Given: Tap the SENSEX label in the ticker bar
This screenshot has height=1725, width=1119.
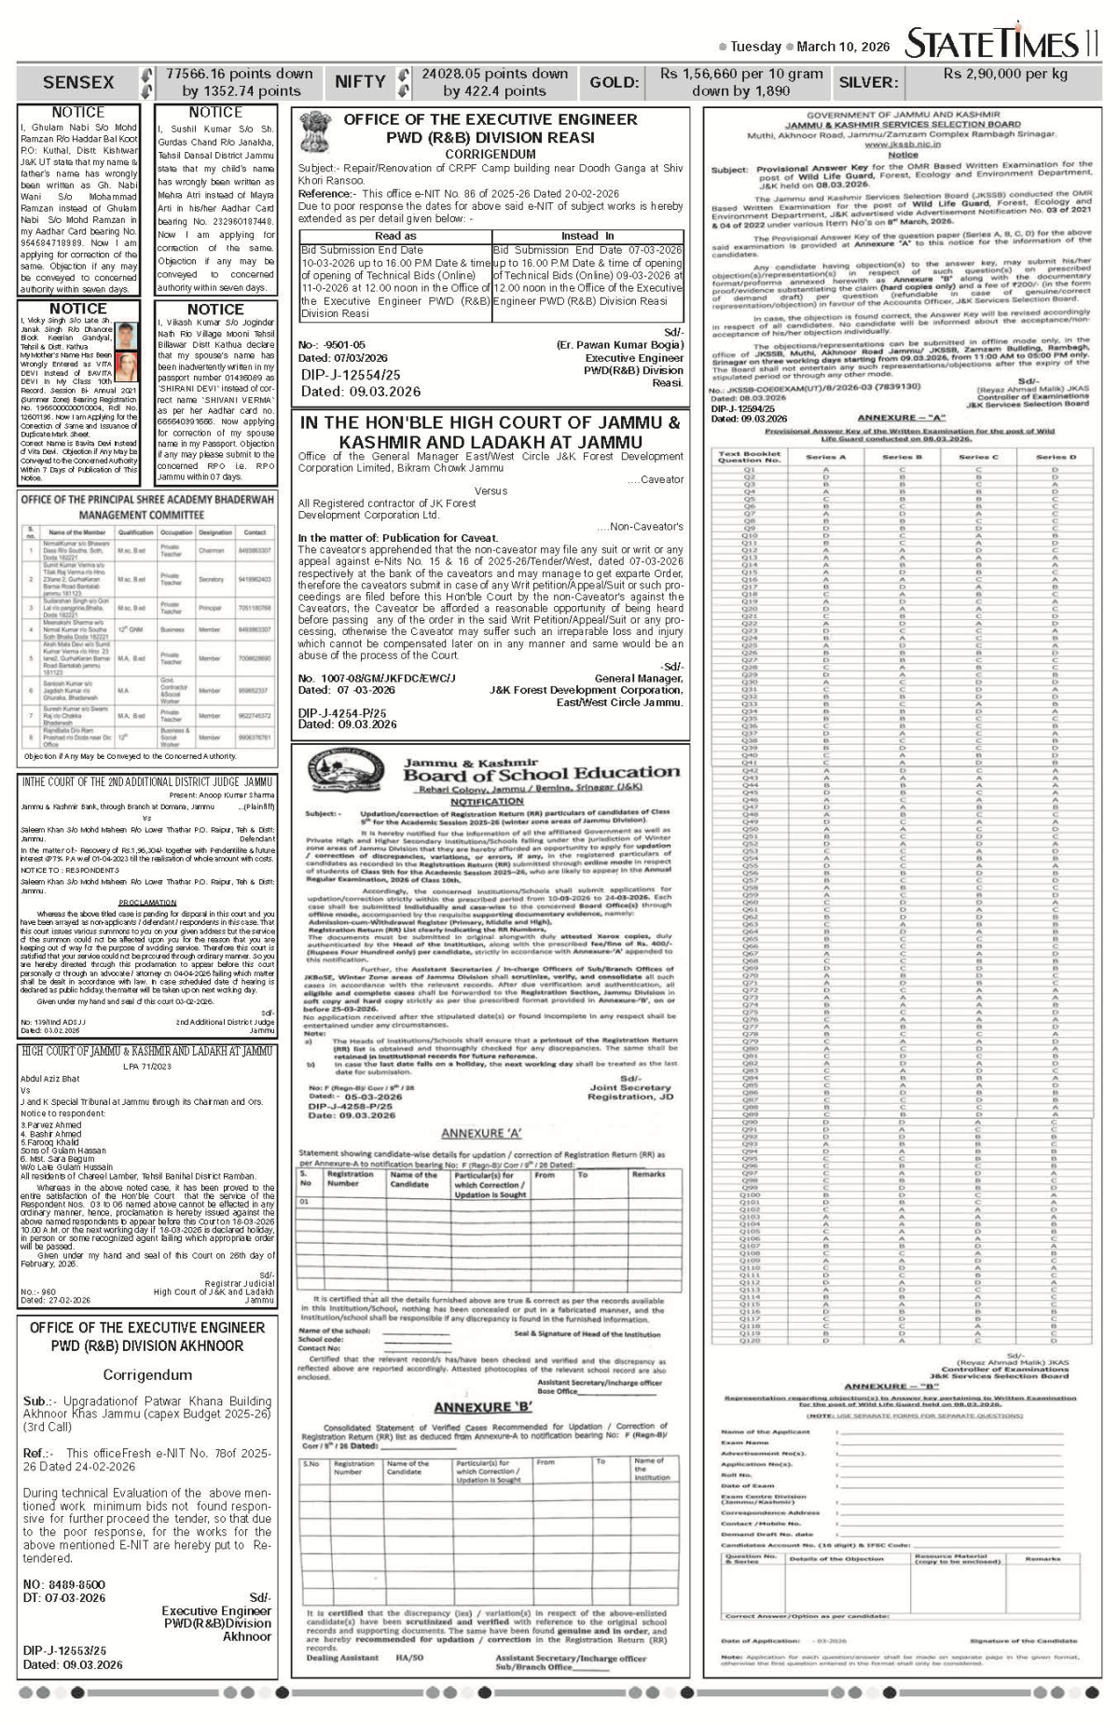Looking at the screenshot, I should (x=78, y=82).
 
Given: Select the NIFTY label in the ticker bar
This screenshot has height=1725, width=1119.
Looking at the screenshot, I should (x=360, y=82).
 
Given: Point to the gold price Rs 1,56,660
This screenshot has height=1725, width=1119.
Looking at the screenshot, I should (x=741, y=74).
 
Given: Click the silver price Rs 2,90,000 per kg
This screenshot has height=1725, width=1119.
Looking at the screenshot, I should (x=1005, y=74).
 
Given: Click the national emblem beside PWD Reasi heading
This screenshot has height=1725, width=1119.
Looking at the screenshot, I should (x=314, y=135).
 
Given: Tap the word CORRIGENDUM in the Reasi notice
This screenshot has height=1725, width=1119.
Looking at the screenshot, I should (x=490, y=154).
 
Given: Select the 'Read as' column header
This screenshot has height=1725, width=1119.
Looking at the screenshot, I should (x=395, y=236).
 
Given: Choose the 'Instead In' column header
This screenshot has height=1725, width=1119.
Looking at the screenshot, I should (x=587, y=236).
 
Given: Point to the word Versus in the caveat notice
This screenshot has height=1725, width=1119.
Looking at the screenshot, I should (x=491, y=491).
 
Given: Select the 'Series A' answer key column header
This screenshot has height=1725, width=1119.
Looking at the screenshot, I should (x=825, y=458).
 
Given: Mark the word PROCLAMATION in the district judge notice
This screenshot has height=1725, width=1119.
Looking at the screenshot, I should (x=147, y=903).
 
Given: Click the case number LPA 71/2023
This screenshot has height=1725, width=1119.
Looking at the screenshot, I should (x=147, y=1065).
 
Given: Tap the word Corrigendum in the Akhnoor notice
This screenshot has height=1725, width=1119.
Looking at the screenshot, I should (x=147, y=1375).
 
